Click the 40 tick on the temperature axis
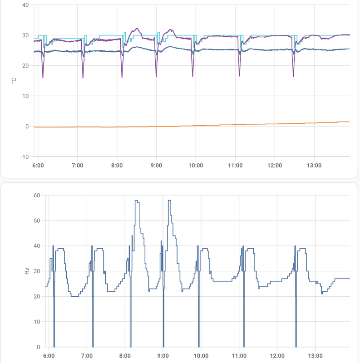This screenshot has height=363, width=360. point(25,5)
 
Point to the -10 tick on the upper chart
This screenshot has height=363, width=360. point(23,157)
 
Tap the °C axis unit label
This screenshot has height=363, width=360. point(14,81)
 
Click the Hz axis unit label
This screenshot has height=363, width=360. point(27,271)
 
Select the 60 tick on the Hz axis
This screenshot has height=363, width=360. point(36,195)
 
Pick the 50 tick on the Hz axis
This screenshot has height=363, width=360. point(36,221)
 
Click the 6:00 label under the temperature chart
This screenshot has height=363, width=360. point(38,165)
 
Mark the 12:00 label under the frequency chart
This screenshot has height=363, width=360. point(277,356)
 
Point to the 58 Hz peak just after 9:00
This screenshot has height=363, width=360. point(169,201)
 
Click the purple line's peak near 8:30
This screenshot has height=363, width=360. point(138,29)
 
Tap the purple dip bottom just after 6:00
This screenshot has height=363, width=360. point(43,78)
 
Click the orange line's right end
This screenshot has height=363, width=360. point(349,122)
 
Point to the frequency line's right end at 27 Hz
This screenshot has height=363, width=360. point(349,279)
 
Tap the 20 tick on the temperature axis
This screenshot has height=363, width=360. point(25,66)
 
